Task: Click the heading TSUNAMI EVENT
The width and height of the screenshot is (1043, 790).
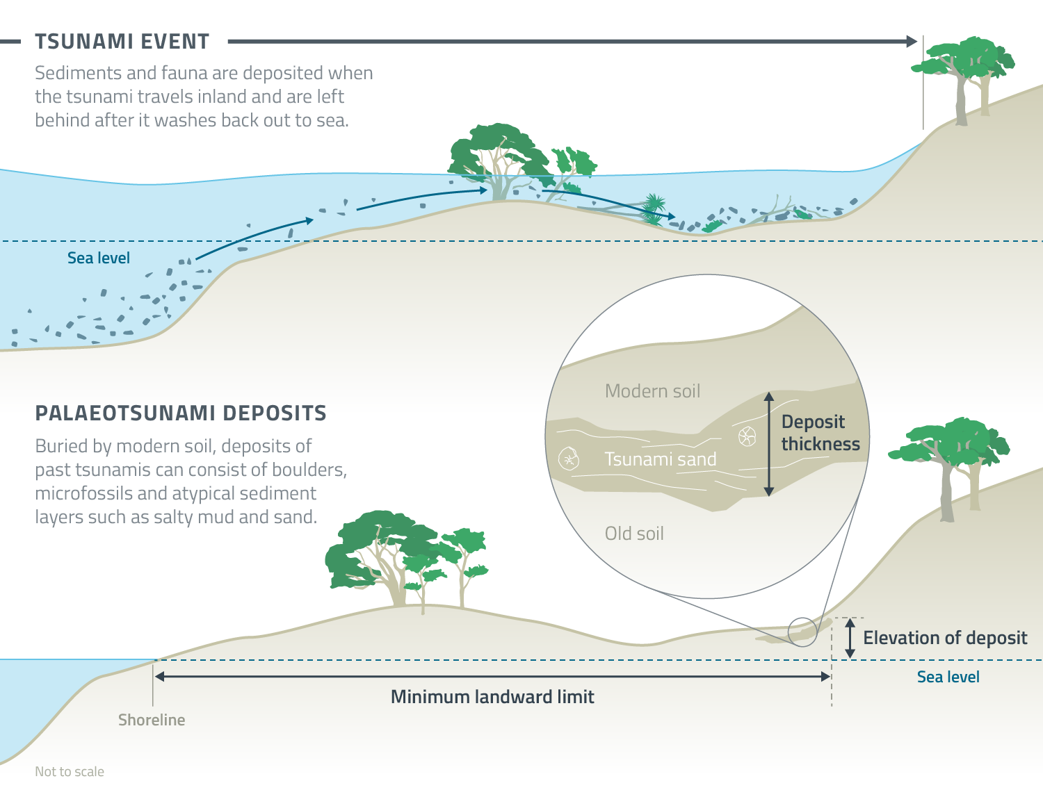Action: [x=122, y=42]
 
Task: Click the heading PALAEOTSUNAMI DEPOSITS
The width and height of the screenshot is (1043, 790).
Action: [x=181, y=413]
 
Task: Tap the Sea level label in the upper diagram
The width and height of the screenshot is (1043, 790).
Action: [x=99, y=258]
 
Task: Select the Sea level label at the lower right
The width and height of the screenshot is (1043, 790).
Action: [x=948, y=677]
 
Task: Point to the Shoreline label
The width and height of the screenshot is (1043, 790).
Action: [x=152, y=720]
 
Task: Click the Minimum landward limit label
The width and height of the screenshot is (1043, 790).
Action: [x=492, y=697]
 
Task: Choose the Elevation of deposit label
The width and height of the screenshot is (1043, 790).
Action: [x=945, y=638]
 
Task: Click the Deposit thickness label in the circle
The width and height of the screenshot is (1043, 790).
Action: [x=820, y=433]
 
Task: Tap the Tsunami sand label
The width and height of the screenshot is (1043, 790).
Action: [x=661, y=459]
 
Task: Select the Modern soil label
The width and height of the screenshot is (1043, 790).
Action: [x=652, y=391]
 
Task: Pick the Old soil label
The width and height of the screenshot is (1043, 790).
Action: [x=634, y=534]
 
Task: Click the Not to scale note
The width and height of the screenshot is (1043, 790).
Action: [x=70, y=772]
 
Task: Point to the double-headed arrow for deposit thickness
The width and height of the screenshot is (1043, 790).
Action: [x=768, y=445]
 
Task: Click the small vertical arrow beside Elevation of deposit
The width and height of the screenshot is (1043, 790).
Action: [x=850, y=639]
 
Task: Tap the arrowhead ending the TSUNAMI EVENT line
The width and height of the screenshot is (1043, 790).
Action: [x=912, y=42]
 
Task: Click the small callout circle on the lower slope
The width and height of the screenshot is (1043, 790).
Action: [x=802, y=632]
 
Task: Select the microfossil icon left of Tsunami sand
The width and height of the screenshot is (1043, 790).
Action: [x=569, y=459]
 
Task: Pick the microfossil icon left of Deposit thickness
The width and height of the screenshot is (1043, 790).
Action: [x=747, y=437]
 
